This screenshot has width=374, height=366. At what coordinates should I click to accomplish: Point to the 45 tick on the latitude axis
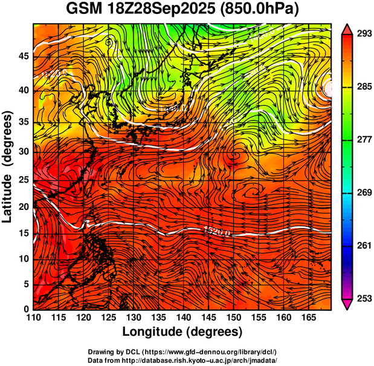click(x=24, y=56)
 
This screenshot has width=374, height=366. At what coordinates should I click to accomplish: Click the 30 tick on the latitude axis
click(x=24, y=151)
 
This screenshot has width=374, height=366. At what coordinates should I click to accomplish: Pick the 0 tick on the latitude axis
click(x=27, y=309)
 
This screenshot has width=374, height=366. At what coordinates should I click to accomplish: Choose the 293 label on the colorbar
click(x=361, y=34)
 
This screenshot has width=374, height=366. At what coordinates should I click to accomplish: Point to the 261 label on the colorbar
click(x=361, y=246)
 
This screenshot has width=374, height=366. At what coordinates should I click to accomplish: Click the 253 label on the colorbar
click(x=361, y=298)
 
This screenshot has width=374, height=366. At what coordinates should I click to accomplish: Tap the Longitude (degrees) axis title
click(x=182, y=332)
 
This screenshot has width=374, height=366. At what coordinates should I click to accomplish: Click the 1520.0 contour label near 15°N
click(x=216, y=230)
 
